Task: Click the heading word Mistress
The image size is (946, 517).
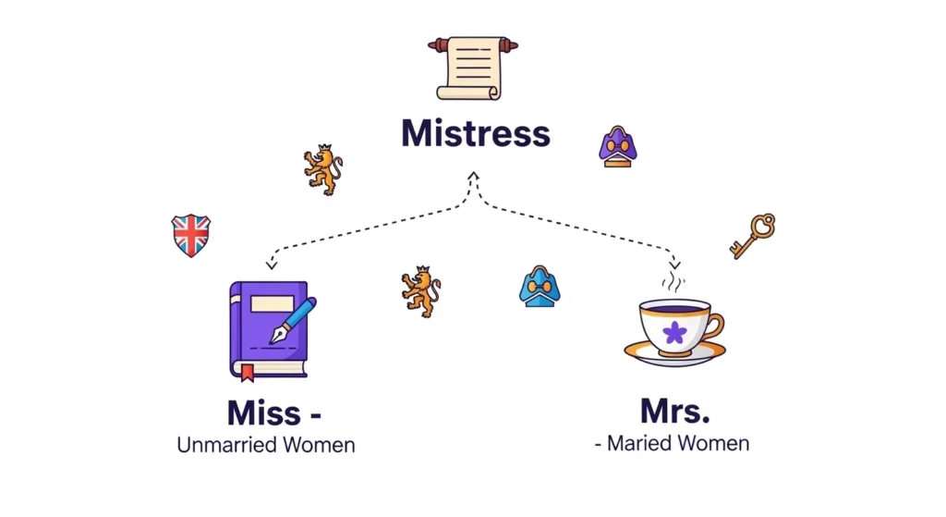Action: pos(475,134)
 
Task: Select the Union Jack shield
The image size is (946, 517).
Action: pos(190,235)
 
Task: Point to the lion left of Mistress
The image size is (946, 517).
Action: pos(322,169)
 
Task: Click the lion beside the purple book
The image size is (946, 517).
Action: pos(420,291)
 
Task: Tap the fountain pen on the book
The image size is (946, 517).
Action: pos(293,320)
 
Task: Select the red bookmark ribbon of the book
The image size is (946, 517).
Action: pos(246,373)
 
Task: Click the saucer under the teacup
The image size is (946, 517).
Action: pos(674,353)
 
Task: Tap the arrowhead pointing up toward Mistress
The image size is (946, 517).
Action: pos(473,176)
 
